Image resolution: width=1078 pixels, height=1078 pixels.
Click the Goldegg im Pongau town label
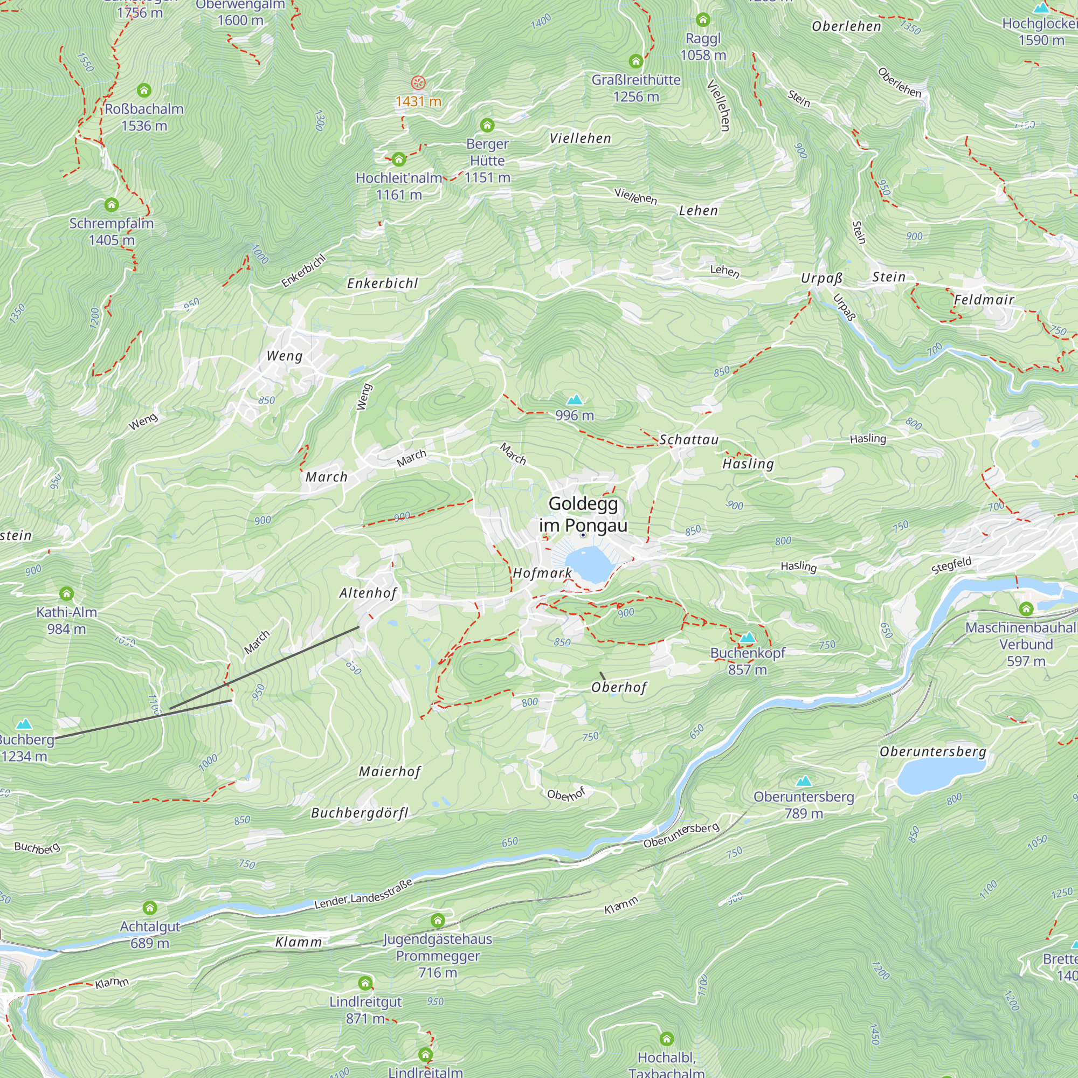(583, 514)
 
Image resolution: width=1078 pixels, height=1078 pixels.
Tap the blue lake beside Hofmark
(589, 565)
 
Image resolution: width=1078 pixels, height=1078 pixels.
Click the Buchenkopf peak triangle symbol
(747, 637)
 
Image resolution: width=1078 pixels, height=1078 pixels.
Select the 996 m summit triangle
(574, 399)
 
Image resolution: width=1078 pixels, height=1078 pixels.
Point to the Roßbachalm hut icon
(144, 90)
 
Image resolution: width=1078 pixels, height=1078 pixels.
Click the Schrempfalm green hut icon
(112, 205)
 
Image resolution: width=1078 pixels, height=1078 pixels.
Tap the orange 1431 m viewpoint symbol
(418, 83)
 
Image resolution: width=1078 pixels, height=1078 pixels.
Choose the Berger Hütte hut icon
(487, 125)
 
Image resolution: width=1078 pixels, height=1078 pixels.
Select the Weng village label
(285, 356)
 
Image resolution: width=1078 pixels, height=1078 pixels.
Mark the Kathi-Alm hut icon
(66, 593)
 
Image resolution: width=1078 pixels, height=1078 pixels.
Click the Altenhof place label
(368, 593)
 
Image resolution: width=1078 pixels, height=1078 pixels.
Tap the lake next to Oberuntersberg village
(940, 774)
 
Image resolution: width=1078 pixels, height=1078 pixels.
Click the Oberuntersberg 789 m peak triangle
(803, 780)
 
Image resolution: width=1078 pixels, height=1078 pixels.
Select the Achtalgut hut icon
(149, 908)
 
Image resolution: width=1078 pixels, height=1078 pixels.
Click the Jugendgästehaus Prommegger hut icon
(438, 920)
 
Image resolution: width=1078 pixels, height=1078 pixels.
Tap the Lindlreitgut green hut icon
(365, 983)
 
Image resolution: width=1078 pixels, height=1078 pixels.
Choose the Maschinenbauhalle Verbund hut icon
(1026, 609)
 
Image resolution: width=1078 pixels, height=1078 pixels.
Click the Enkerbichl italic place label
(382, 284)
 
